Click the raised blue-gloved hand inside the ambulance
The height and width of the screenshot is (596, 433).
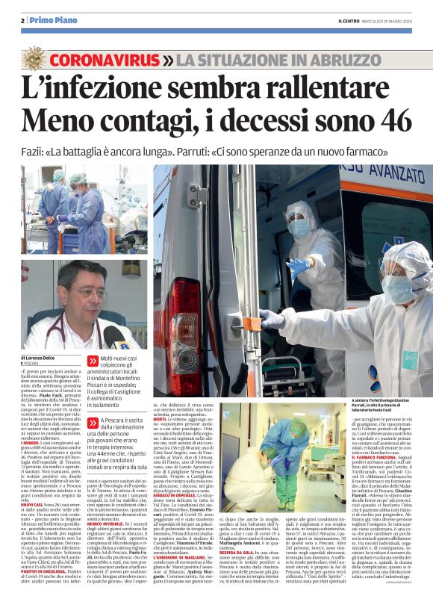pos(299,266)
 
